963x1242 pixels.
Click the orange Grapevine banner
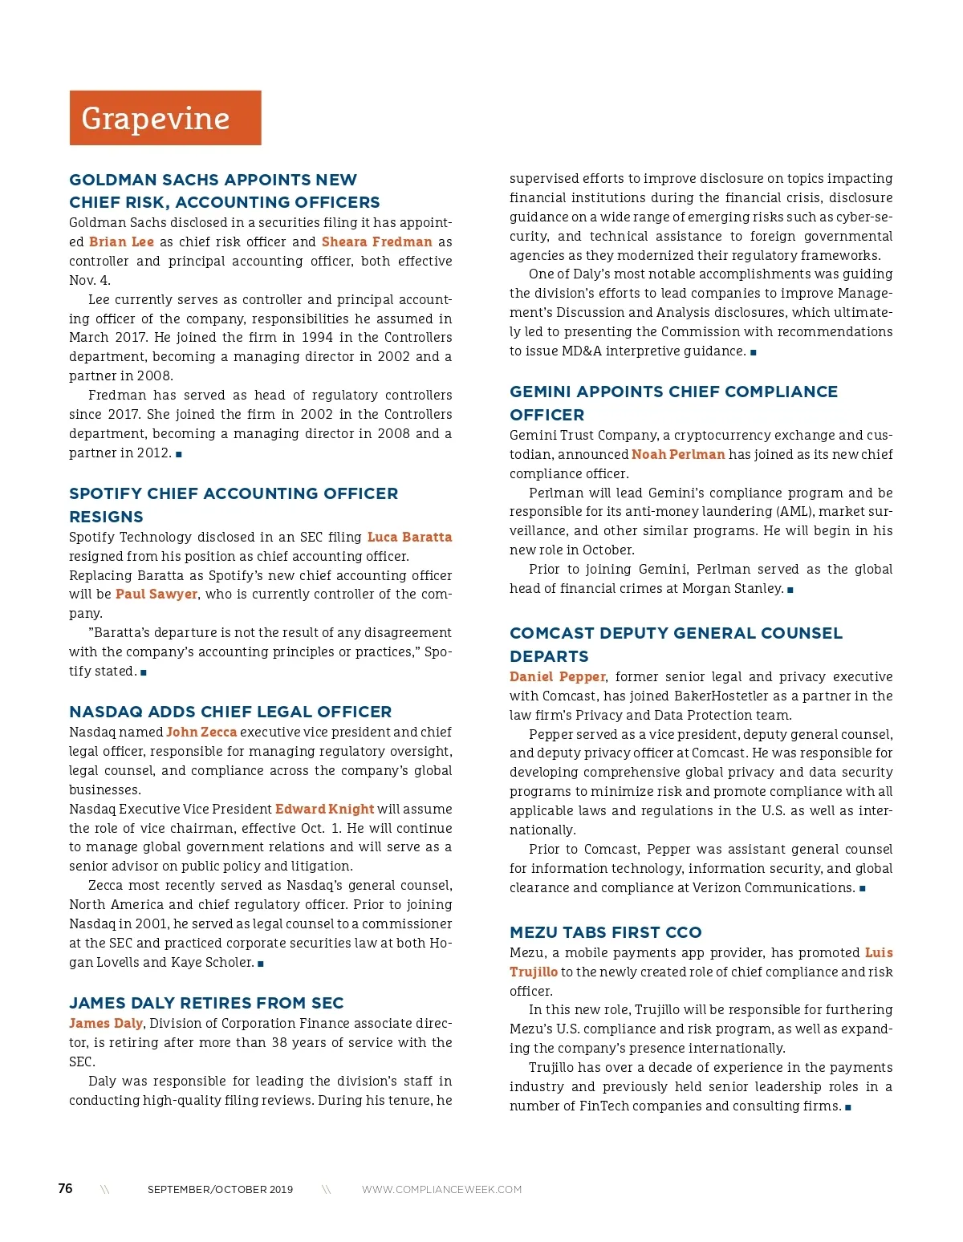click(165, 118)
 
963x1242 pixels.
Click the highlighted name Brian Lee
click(121, 241)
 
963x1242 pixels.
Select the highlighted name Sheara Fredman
click(376, 241)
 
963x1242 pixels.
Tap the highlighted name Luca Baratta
click(409, 537)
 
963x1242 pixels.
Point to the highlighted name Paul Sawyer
click(156, 594)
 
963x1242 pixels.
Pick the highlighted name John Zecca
click(201, 732)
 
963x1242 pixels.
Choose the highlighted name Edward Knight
click(325, 809)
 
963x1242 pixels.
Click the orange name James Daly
click(106, 1023)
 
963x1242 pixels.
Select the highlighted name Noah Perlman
click(678, 454)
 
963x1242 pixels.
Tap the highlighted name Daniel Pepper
click(558, 676)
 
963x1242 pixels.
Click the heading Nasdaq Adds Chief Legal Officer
click(230, 712)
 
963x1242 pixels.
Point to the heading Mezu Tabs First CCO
click(606, 932)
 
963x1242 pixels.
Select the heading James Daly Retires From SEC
click(206, 1003)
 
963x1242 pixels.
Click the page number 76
click(65, 1188)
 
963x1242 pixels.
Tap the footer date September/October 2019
click(220, 1189)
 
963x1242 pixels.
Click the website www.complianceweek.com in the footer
click(441, 1189)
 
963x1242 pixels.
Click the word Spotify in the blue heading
click(100, 493)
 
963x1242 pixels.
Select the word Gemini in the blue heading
click(540, 392)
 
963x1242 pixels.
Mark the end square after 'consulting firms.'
click(848, 1107)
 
